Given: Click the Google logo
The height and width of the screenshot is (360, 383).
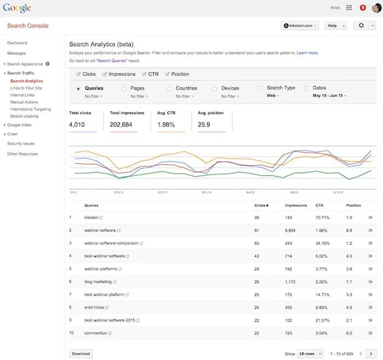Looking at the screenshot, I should click(17, 8).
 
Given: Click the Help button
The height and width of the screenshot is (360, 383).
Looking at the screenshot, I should click(335, 25).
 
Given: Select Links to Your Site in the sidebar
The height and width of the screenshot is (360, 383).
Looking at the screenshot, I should click(26, 88).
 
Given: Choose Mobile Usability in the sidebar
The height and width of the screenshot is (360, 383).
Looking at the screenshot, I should click(25, 116).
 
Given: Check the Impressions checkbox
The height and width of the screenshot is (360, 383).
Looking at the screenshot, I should click(104, 74).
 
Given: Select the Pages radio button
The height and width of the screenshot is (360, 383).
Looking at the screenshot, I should click(124, 88).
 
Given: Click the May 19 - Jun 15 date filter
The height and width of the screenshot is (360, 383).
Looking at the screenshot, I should click(330, 96).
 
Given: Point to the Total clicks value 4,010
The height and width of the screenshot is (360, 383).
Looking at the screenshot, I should click(77, 125).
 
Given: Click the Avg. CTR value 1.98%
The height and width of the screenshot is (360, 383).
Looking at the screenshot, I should click(165, 125).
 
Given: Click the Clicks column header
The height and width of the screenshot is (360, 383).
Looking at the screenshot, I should click(261, 205).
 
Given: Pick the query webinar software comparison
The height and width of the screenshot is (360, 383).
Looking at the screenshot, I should click(111, 243).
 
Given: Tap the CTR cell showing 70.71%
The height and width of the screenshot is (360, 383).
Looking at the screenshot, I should click(322, 218).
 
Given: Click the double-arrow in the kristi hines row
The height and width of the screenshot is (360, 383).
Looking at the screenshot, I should click(370, 308).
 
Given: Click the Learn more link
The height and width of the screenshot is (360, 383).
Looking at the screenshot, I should click(307, 53).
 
